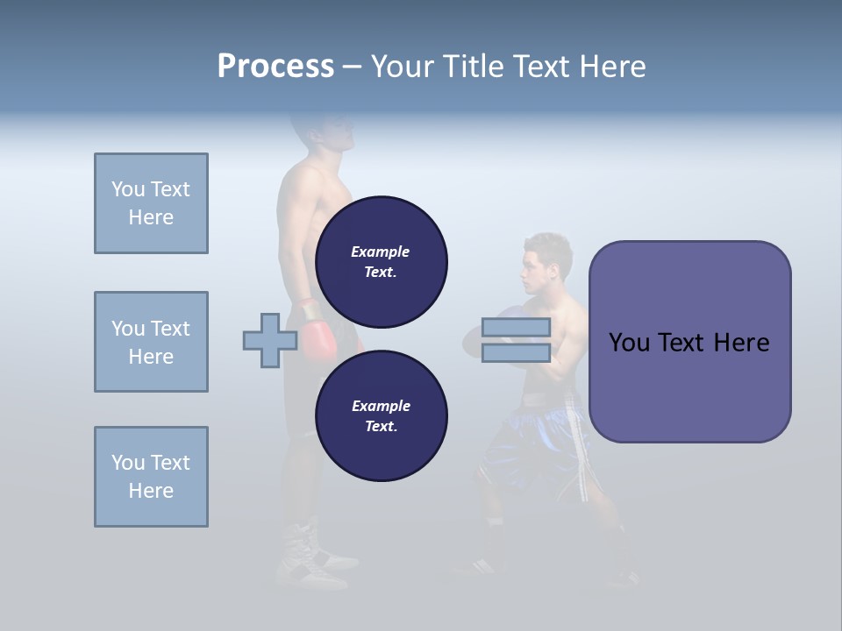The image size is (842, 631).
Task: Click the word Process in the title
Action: coord(275,67)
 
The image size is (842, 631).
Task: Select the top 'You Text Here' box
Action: coord(151,203)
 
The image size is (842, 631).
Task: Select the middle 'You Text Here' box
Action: coord(151,342)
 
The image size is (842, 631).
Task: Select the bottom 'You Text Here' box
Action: coord(151,477)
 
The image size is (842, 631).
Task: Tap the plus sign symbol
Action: coord(269,340)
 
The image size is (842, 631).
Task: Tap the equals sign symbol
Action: coord(516,341)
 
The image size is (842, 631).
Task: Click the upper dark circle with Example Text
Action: coord(381,261)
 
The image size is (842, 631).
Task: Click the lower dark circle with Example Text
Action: coord(381,415)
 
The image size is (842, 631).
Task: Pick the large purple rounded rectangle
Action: coord(689,342)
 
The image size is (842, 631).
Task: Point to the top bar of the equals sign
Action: coord(516,328)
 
